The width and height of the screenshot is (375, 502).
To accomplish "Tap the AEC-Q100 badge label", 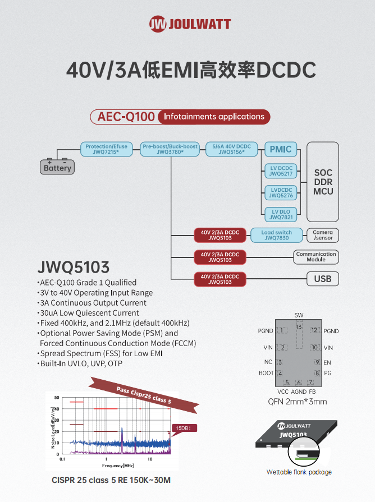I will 126,117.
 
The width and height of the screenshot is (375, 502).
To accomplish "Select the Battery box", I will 58,168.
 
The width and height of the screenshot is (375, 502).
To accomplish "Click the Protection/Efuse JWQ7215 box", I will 106,149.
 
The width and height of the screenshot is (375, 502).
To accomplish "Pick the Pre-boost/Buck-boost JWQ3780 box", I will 170,149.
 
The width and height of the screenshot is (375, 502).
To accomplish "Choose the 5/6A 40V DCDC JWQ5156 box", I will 231,149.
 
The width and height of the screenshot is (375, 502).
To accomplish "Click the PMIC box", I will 280,149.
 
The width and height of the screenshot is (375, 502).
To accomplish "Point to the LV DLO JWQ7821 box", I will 280,214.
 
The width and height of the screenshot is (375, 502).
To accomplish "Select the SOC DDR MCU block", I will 323,182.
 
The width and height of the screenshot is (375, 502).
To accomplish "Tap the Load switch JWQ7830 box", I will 276,235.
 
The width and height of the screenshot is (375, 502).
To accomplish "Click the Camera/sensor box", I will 323,235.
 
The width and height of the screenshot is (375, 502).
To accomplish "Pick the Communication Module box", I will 315,257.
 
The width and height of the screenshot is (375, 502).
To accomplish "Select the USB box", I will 323,279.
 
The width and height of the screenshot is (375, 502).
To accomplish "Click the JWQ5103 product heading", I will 73,266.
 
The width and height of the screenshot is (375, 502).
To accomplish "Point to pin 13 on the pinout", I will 299,327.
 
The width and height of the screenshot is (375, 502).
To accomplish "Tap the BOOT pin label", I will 266,373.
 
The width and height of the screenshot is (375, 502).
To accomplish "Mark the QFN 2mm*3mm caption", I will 298,402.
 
